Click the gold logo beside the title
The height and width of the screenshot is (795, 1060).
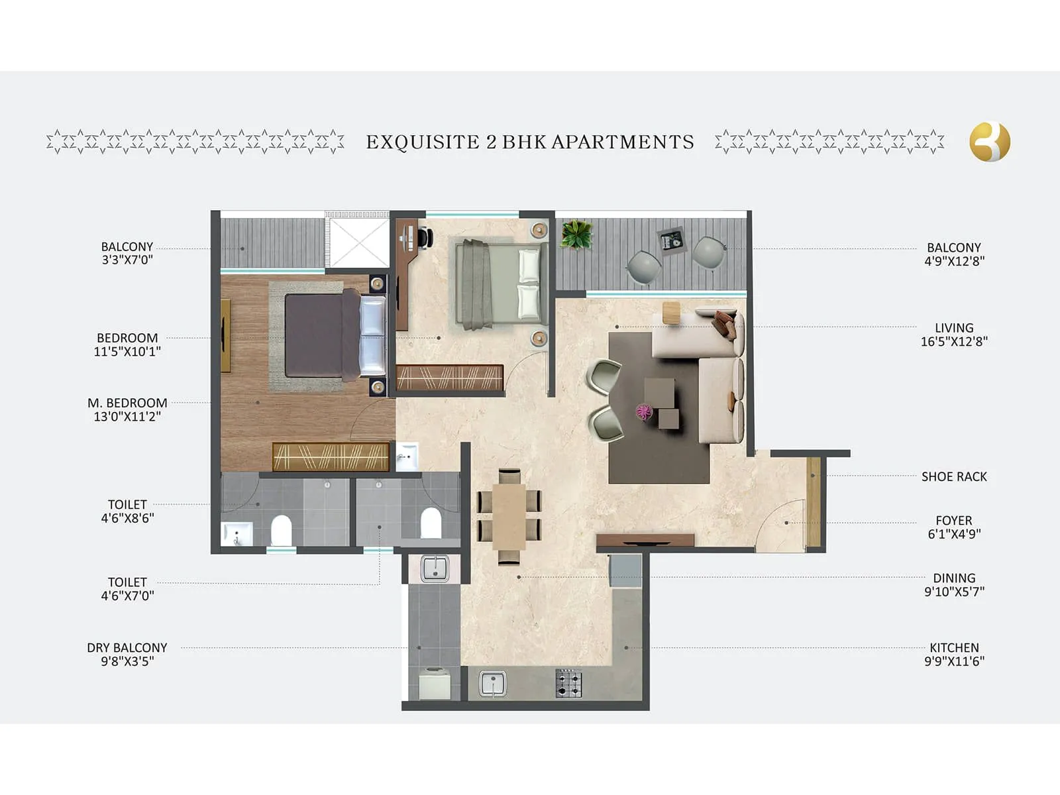click(x=990, y=142)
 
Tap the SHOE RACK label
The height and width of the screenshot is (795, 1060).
click(x=954, y=476)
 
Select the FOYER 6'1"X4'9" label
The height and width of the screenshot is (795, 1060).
click(x=954, y=527)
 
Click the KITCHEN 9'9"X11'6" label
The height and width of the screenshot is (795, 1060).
click(x=954, y=654)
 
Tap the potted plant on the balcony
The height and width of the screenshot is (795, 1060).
click(x=576, y=235)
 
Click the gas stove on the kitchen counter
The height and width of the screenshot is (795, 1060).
click(x=568, y=683)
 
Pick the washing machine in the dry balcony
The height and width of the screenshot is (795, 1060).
click(x=434, y=683)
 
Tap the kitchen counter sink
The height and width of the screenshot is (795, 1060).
click(x=492, y=683)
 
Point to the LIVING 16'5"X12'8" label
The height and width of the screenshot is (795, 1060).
click(x=954, y=335)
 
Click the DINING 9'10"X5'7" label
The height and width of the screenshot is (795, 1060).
click(x=954, y=584)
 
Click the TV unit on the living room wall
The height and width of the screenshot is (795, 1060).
click(x=645, y=540)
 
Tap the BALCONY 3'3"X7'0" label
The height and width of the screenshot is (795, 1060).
click(x=127, y=253)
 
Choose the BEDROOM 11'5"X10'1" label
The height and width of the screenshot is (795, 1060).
click(x=127, y=344)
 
